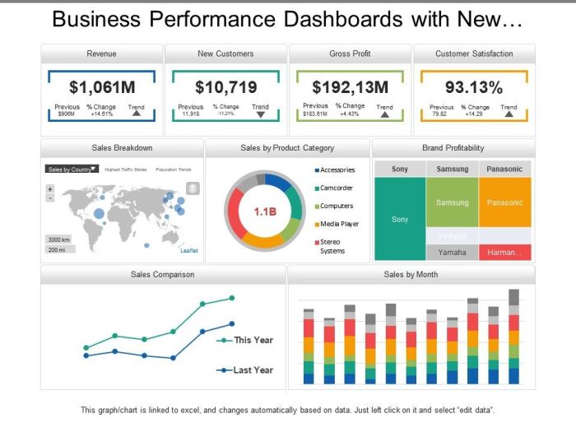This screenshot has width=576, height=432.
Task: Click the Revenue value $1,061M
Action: click(x=102, y=86)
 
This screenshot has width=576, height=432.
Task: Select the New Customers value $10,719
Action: click(x=225, y=86)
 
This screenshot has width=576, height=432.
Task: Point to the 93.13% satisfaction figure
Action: click(x=473, y=86)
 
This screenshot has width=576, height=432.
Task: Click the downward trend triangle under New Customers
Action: click(x=260, y=114)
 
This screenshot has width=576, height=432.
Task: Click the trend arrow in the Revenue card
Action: click(x=137, y=114)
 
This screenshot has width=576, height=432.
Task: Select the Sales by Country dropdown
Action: click(x=72, y=169)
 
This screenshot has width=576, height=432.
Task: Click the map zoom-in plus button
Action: click(x=49, y=188)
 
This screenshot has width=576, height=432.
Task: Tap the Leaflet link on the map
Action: click(x=189, y=250)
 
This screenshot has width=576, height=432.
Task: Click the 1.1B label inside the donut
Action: click(x=265, y=211)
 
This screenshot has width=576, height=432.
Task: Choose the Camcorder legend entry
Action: click(x=337, y=188)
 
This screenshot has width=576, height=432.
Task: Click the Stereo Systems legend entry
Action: click(x=332, y=246)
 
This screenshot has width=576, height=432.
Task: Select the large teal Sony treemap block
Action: click(x=400, y=220)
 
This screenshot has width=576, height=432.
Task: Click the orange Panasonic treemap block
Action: click(x=504, y=202)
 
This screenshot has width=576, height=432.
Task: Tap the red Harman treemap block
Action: click(x=504, y=253)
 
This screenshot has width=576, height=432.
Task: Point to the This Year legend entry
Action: click(x=253, y=340)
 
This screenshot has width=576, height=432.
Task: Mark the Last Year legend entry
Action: click(x=253, y=370)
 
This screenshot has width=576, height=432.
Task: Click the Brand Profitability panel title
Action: click(x=453, y=148)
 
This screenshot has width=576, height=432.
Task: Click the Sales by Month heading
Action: click(x=411, y=274)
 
